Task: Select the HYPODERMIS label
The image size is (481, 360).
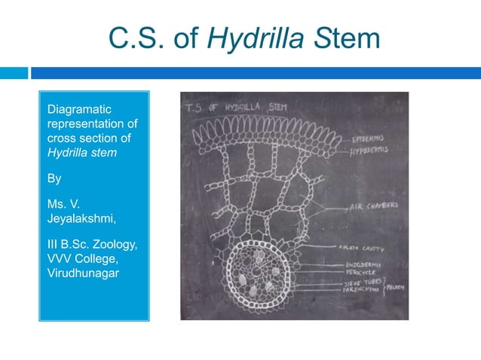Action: point(370,150)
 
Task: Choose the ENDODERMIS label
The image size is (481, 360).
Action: point(362,264)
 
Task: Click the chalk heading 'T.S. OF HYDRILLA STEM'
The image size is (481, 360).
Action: point(231,107)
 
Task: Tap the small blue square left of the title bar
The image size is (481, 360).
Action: point(14,73)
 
